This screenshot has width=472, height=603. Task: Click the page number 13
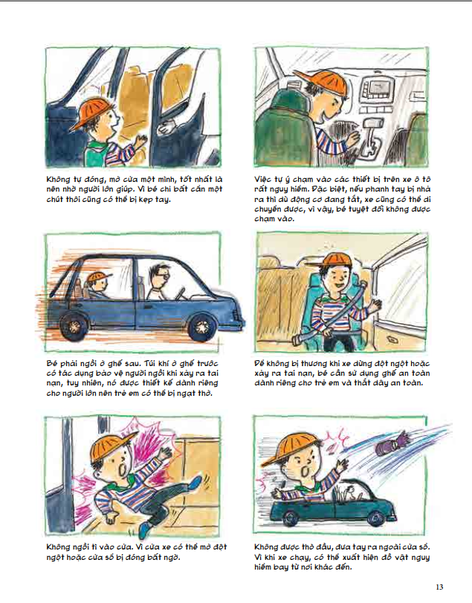point(439,587)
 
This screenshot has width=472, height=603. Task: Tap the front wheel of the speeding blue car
point(201,327)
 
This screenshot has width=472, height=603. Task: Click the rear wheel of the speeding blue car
point(73,327)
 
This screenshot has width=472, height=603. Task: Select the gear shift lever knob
point(373,123)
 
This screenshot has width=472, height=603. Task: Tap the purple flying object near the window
point(389,444)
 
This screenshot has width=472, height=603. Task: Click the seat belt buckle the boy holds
point(300,340)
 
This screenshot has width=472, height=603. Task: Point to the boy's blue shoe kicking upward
point(195,483)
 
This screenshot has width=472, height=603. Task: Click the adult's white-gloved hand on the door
point(167,128)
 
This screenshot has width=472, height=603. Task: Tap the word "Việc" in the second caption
point(263,180)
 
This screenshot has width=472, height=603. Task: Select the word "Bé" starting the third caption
point(51,363)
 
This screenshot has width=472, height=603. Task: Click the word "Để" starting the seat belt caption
point(259,363)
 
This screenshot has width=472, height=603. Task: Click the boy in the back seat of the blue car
point(97,284)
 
